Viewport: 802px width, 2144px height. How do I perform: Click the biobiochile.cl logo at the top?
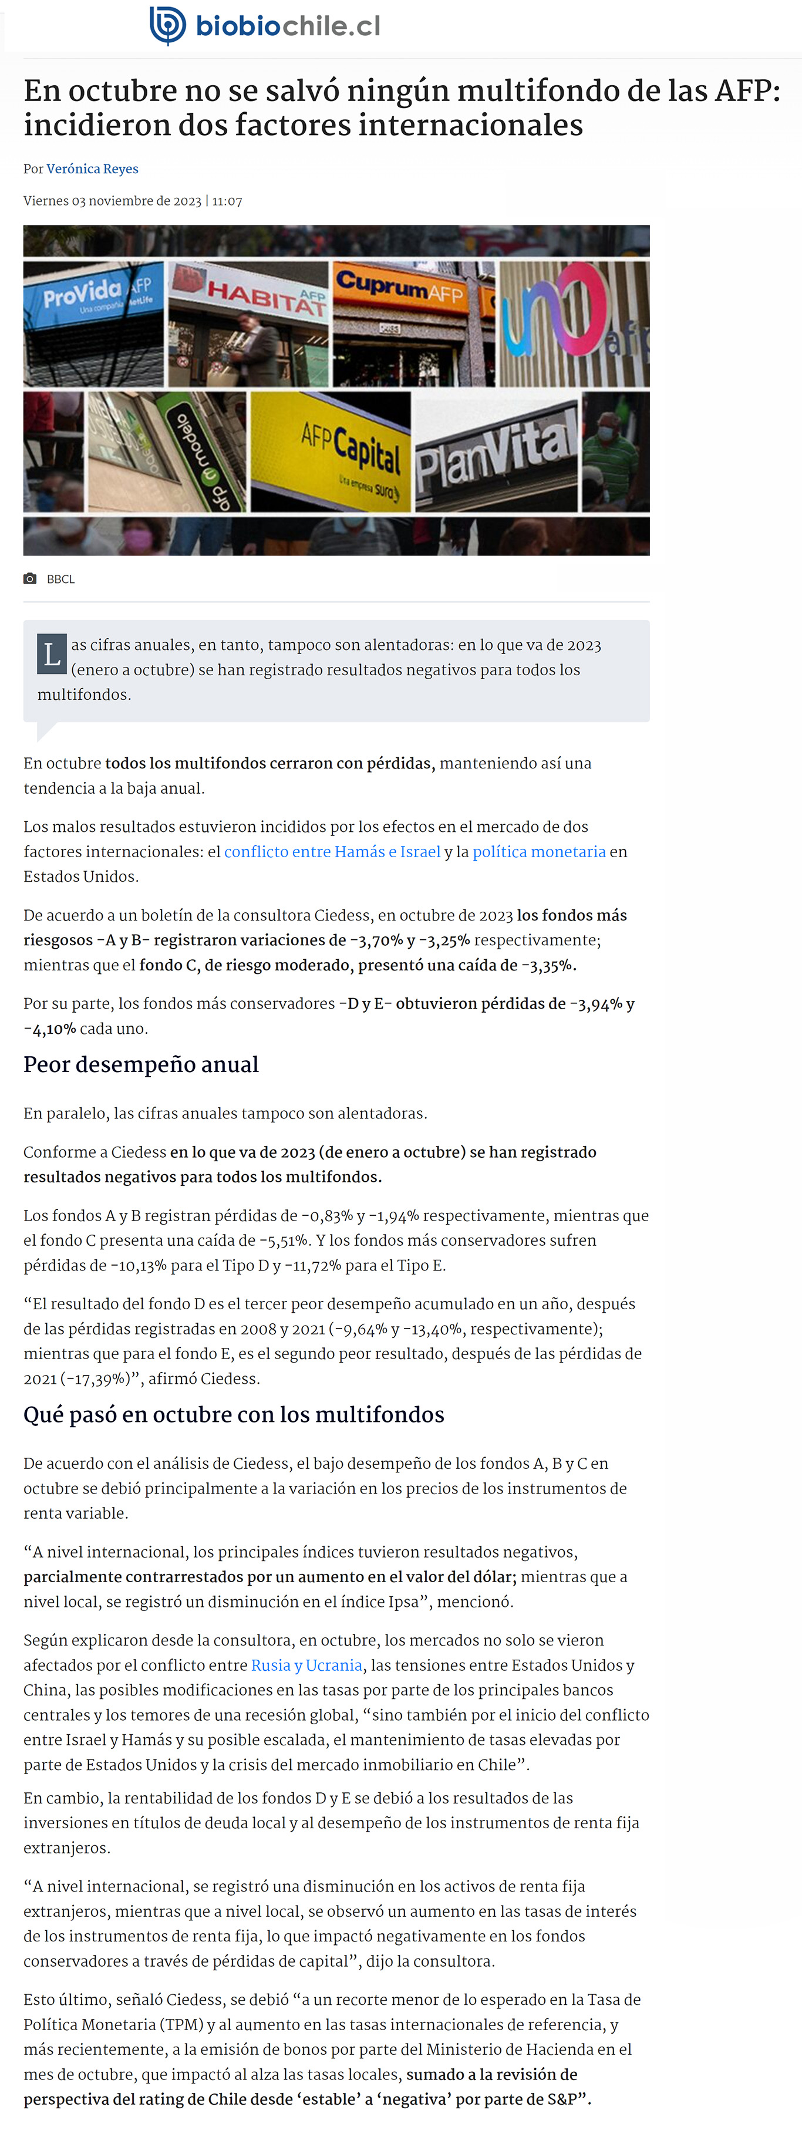click(x=265, y=26)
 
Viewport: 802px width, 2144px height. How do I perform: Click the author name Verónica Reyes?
click(x=92, y=169)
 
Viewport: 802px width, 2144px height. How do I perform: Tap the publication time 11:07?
click(x=227, y=201)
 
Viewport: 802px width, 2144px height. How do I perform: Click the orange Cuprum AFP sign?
click(x=399, y=287)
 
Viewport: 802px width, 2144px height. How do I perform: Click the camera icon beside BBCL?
click(x=30, y=578)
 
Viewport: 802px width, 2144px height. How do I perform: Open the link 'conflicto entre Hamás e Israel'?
click(x=332, y=851)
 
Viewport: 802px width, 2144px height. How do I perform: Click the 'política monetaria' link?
click(x=539, y=851)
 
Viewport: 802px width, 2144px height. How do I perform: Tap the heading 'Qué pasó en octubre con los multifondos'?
click(x=234, y=1415)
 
